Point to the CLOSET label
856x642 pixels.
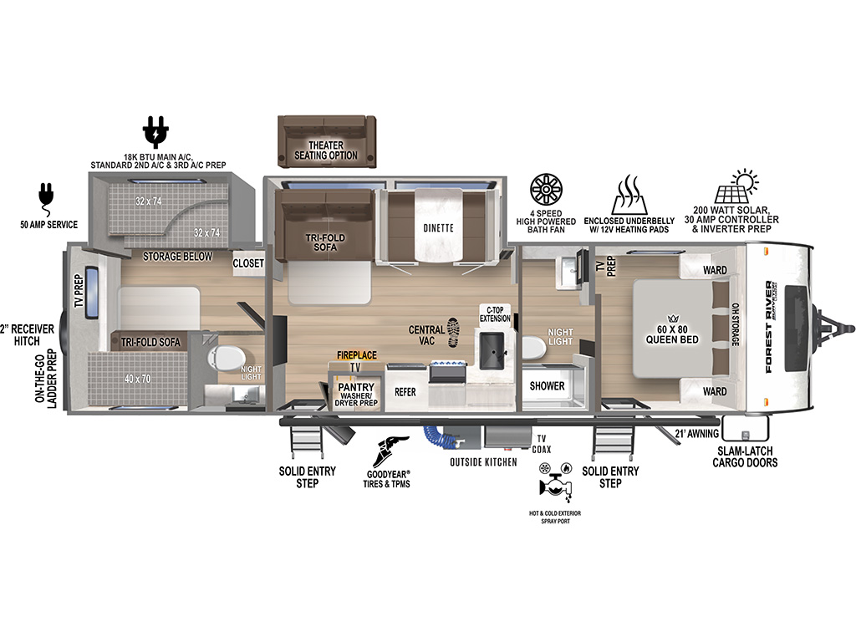coord(248,263)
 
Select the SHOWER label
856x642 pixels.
coord(548,386)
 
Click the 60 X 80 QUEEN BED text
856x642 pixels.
coord(672,334)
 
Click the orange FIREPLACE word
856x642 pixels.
coord(356,355)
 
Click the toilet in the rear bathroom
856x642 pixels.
coord(219,359)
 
